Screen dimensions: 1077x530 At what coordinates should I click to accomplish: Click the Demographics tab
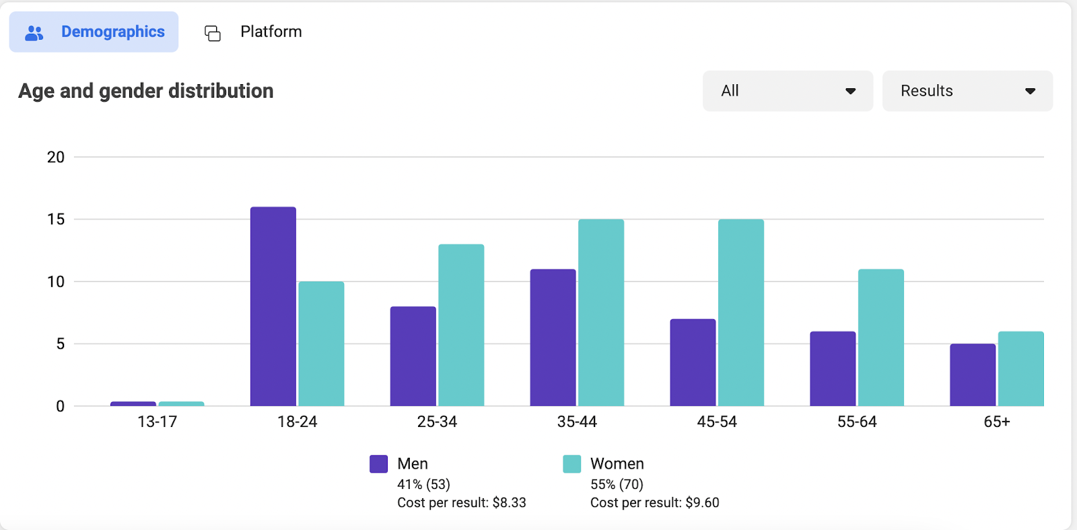pyautogui.click(x=94, y=32)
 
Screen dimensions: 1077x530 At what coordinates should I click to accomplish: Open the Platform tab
pyautogui.click(x=253, y=32)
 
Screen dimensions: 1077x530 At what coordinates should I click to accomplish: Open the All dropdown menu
pyautogui.click(x=788, y=91)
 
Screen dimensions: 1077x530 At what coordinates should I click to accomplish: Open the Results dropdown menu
pyautogui.click(x=967, y=91)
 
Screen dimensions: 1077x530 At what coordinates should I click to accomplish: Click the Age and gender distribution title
pyautogui.click(x=145, y=91)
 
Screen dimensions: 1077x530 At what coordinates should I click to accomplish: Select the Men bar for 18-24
pyautogui.click(x=273, y=306)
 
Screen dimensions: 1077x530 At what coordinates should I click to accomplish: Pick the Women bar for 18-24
pyautogui.click(x=321, y=344)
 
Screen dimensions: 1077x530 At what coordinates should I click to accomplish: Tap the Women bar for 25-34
pyautogui.click(x=461, y=325)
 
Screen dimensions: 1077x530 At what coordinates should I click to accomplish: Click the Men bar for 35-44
pyautogui.click(x=553, y=337)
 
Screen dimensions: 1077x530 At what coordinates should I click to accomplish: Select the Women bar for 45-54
pyautogui.click(x=741, y=312)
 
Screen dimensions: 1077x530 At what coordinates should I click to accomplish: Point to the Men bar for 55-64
pyautogui.click(x=833, y=368)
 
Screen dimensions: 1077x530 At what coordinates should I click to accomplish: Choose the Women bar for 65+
pyautogui.click(x=1020, y=368)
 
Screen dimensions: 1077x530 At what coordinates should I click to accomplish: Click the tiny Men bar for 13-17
pyautogui.click(x=133, y=404)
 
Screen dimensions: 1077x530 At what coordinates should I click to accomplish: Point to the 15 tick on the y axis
pyautogui.click(x=56, y=220)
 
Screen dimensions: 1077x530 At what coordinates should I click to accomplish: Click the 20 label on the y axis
pyautogui.click(x=56, y=157)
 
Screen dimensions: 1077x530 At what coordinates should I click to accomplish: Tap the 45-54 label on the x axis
pyautogui.click(x=717, y=422)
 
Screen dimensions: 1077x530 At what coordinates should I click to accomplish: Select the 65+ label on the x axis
pyautogui.click(x=997, y=422)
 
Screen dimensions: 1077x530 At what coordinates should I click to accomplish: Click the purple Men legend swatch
pyautogui.click(x=378, y=463)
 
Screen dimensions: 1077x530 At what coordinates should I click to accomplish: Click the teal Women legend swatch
pyautogui.click(x=571, y=463)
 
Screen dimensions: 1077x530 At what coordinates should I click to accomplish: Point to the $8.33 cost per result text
pyautogui.click(x=509, y=502)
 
